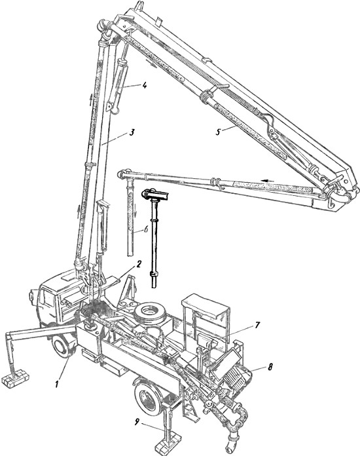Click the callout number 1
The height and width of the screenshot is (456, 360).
click(57, 384)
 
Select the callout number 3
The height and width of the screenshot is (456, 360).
click(132, 132)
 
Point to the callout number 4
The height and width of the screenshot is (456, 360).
click(144, 85)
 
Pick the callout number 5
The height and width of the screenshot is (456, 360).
click(218, 132)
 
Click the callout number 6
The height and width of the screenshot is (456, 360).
click(145, 229)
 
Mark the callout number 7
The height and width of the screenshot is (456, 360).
click(257, 325)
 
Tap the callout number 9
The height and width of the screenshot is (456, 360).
click(137, 422)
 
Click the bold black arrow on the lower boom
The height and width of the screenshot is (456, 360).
click(267, 181)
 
